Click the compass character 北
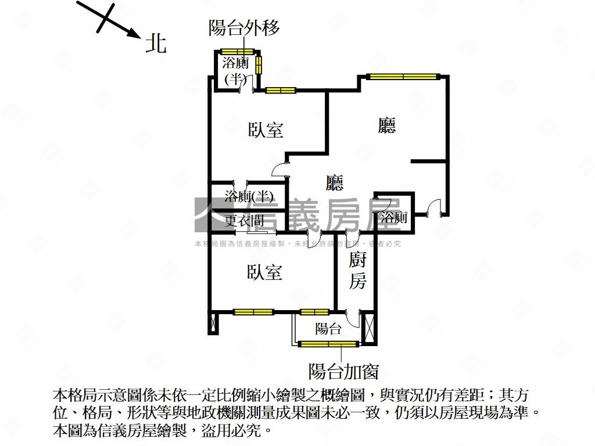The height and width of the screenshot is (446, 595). [156, 44]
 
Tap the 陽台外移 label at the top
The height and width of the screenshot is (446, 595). [244, 28]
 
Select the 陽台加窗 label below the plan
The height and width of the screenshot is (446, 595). [343, 371]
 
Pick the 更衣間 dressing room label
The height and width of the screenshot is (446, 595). [244, 221]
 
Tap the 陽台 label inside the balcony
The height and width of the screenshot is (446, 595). [328, 329]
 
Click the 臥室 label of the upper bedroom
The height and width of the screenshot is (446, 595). [266, 130]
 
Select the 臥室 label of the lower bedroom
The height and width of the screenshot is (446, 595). [265, 272]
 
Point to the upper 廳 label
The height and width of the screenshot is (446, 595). [387, 125]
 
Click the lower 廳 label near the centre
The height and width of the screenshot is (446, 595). [334, 183]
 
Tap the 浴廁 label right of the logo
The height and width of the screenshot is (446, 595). [393, 218]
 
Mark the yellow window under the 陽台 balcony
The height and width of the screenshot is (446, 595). [327, 344]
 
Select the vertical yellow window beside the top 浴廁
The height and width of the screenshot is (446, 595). [259, 64]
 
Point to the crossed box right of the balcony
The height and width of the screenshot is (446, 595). [368, 328]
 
